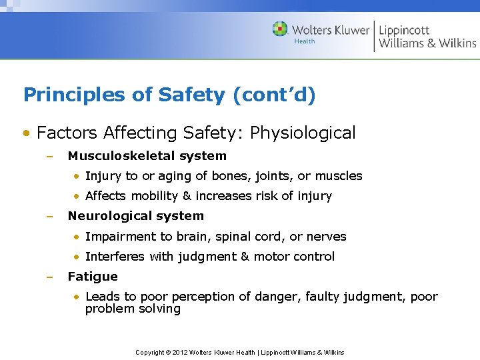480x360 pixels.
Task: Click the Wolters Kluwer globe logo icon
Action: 281,29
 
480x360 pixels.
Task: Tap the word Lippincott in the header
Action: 404,29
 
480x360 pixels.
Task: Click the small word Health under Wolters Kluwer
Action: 304,41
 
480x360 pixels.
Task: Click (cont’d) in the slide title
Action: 274,95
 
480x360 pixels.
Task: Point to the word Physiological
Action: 303,133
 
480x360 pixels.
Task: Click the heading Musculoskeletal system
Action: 147,156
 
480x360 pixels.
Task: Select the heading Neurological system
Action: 135,216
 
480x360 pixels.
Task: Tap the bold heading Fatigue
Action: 93,276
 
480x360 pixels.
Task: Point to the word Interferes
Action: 114,256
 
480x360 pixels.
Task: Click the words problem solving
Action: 133,309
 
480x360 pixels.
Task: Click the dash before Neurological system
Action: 49,216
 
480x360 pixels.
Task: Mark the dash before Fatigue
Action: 49,276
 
